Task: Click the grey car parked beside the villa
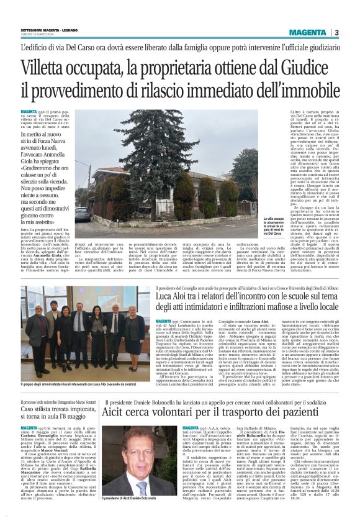coord(81,215)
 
